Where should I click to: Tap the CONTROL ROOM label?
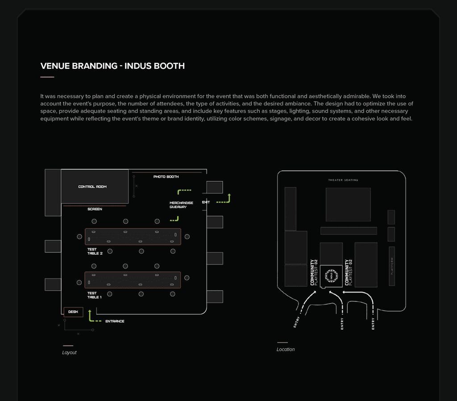point(92,187)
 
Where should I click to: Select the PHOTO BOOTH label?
point(166,177)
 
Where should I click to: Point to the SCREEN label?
point(95,209)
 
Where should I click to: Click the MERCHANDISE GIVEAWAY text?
point(181,205)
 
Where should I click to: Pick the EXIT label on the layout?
point(206,202)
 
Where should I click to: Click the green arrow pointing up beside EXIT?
point(229,197)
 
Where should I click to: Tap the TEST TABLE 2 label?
point(95,251)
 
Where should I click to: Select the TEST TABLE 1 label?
point(94,295)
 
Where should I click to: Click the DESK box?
point(73,312)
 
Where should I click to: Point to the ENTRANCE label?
point(115,322)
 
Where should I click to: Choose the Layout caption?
point(69,353)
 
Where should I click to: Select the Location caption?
point(286,350)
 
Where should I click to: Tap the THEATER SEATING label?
point(343,180)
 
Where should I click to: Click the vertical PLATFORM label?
point(392,266)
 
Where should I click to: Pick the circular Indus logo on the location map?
point(331,276)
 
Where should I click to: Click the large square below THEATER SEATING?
point(348,204)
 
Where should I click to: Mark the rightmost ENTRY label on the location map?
point(373,324)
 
